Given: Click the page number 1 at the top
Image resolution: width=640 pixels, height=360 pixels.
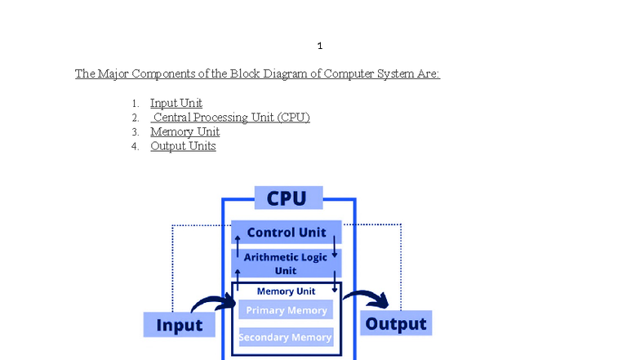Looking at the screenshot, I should coord(320,46).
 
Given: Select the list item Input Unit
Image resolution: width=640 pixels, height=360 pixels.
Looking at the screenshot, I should coord(176,104).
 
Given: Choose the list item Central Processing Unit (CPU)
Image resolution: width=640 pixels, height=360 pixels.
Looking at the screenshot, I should coord(232,118).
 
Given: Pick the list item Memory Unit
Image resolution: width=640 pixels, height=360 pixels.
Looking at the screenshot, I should coord(184,132).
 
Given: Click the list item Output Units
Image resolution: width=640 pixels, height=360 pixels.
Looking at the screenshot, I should coord(183,147).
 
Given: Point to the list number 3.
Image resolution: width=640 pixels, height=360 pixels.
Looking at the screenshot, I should coord(135,132).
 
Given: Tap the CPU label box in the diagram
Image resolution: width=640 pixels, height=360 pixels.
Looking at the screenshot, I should coord(288,198).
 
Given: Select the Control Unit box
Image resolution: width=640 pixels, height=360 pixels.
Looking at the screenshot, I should coord(286,233).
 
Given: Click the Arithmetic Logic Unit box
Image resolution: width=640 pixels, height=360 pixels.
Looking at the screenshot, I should coord(286,263).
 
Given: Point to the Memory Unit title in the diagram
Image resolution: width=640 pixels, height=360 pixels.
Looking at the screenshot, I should coord(286,291).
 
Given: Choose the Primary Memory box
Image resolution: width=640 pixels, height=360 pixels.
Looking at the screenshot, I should coord(286,311).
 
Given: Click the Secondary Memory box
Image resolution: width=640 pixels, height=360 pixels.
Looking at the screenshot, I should coord(285,337).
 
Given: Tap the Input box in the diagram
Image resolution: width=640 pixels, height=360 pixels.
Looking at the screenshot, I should coord(179,325).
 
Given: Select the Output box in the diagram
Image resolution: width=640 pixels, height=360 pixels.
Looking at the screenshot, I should coord(396,323).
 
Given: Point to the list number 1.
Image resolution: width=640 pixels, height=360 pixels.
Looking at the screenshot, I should coord(135,104).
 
